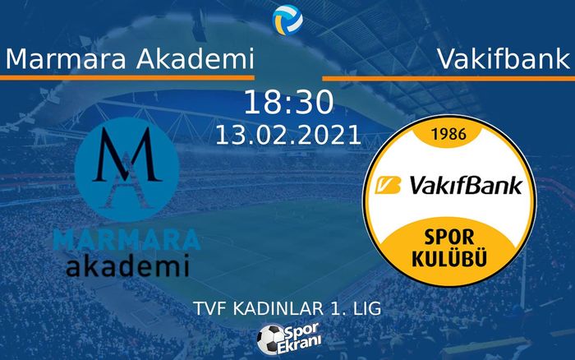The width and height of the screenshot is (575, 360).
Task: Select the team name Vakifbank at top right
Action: click(x=503, y=58)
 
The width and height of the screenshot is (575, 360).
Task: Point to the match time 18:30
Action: click(x=288, y=104)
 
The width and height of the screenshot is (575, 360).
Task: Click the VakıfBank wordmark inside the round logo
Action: click(x=459, y=187)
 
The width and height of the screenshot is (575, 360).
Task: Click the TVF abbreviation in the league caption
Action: click(x=213, y=308)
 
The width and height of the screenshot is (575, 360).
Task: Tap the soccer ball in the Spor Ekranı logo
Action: click(x=269, y=337)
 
